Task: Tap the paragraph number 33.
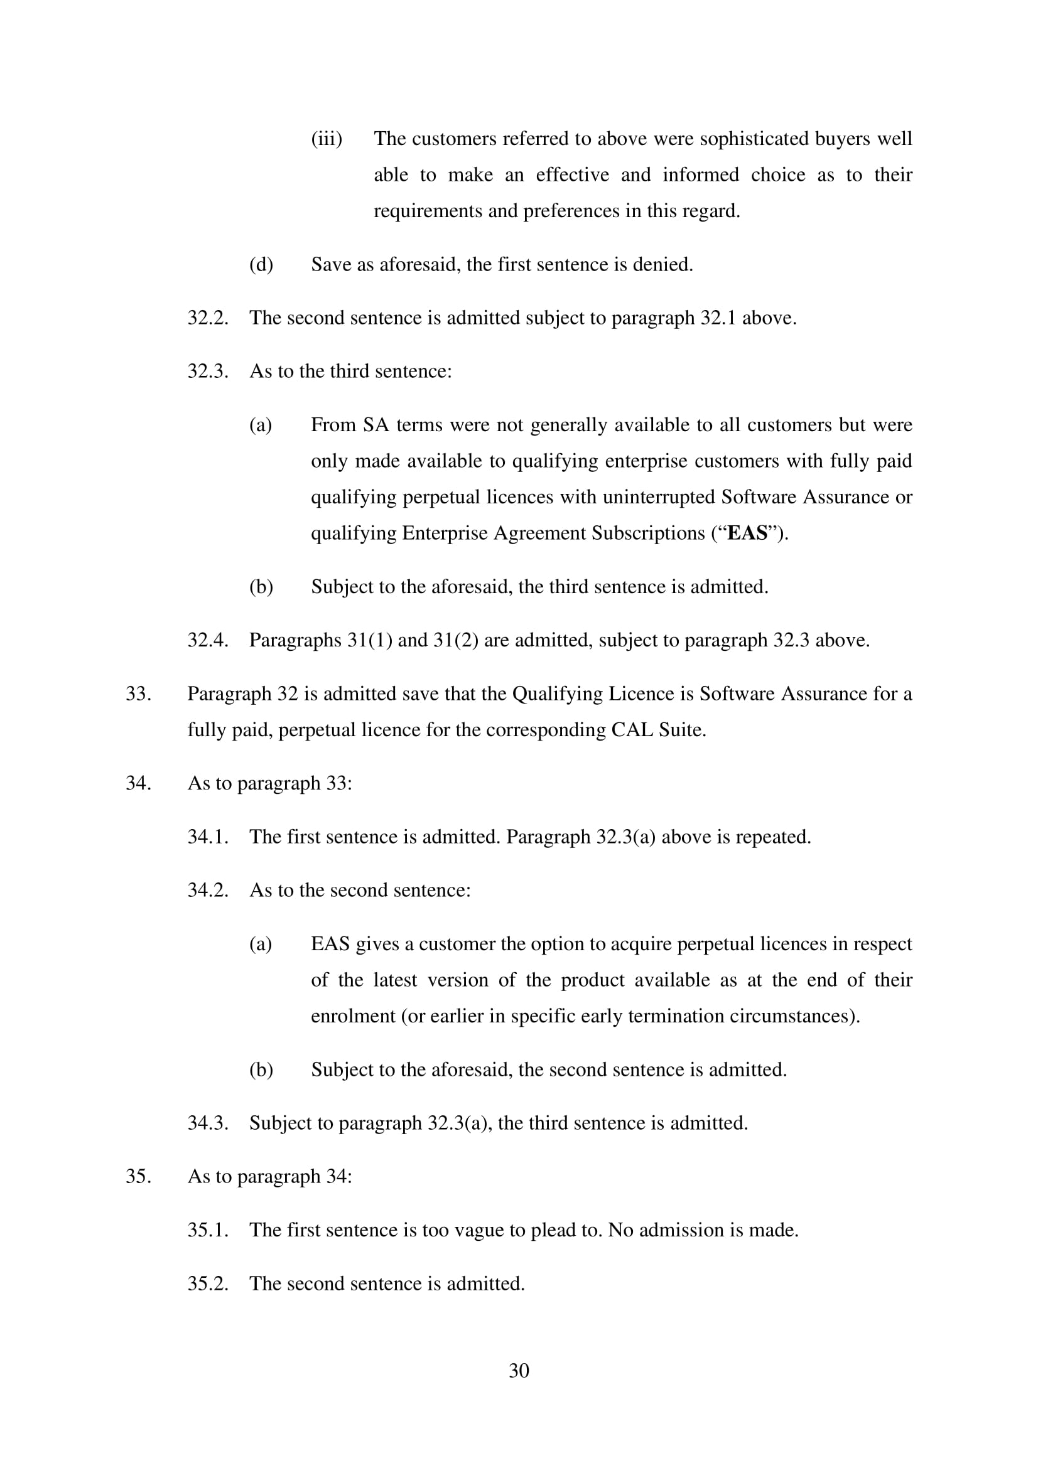(138, 694)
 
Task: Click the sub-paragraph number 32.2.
(208, 318)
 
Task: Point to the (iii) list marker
(326, 139)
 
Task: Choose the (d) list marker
(261, 264)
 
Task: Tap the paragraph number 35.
(138, 1176)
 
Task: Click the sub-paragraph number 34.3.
(208, 1123)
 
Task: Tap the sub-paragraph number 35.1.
(208, 1230)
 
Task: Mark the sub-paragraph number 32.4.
(208, 640)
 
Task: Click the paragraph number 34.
(138, 783)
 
